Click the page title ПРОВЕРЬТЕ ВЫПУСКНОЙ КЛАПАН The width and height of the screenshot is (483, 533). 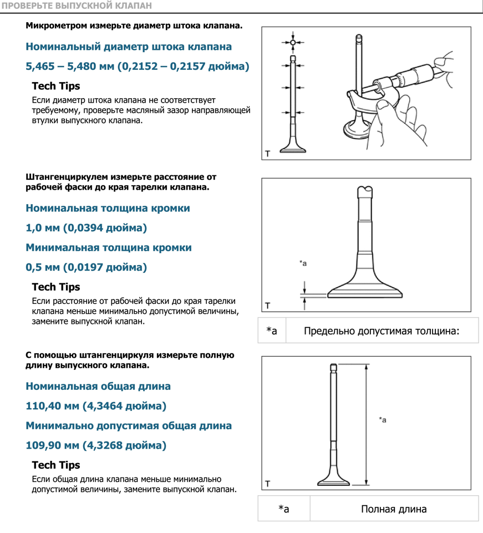(x=76, y=6)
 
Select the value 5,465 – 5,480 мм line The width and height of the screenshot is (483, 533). (x=138, y=67)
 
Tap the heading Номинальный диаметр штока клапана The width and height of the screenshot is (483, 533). (x=129, y=47)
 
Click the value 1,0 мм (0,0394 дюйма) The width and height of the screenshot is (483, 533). (x=87, y=228)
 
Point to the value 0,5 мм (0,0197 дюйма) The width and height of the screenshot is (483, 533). (x=87, y=267)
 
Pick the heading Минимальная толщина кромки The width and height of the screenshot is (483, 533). (x=109, y=247)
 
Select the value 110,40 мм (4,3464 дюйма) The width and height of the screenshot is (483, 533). (x=96, y=406)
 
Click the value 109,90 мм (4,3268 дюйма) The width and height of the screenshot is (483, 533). (x=96, y=445)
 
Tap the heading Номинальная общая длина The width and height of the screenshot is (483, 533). (x=98, y=386)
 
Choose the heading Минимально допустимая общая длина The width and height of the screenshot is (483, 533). (x=129, y=426)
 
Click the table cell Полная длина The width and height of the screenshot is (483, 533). (x=394, y=509)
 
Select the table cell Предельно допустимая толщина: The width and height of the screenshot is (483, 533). (x=382, y=331)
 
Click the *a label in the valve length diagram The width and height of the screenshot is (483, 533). (x=383, y=420)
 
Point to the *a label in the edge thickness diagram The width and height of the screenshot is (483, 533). (x=303, y=263)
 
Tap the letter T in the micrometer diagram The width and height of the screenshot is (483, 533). (x=268, y=153)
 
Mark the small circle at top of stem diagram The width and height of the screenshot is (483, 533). (x=293, y=42)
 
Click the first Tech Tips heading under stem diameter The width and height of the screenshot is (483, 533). (x=56, y=86)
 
